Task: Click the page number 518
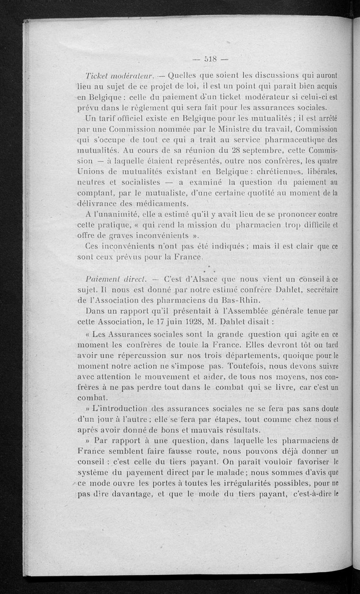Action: [211, 58]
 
